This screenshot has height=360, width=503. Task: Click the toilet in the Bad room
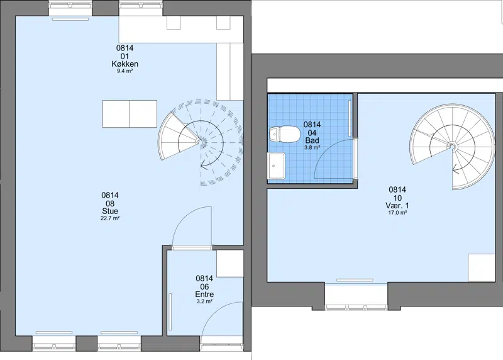pos(285,134)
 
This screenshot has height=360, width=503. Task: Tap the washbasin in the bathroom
pos(276,166)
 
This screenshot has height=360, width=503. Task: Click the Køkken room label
pos(124,64)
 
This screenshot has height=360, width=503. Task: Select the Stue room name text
pos(110,211)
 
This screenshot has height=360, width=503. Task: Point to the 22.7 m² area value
pos(110,218)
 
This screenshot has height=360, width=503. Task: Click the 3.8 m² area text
pos(312,148)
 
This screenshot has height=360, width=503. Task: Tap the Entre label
pos(204,294)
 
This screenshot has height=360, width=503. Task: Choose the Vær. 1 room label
pos(397,206)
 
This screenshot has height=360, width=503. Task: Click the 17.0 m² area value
pos(397,213)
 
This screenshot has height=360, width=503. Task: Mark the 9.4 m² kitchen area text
pos(124,71)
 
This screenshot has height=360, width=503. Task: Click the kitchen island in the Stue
pos(130,114)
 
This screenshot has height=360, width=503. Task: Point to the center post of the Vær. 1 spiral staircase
pos(452,147)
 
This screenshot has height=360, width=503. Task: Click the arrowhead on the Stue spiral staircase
pos(203,166)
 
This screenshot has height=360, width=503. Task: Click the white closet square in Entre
pos(229,263)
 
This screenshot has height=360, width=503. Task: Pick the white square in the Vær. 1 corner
pos(482,268)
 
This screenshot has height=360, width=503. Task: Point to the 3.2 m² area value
pos(204,301)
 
